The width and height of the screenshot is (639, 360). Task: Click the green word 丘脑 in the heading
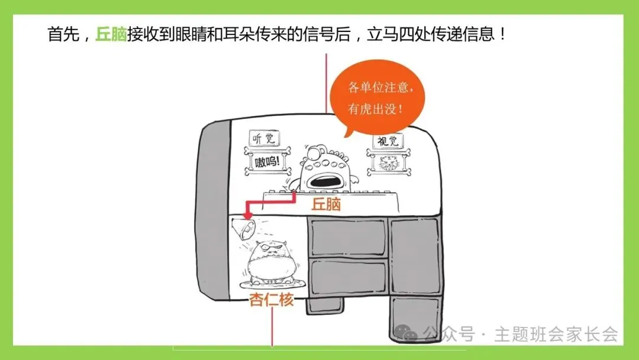111,33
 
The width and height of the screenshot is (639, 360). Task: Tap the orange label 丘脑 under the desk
327,205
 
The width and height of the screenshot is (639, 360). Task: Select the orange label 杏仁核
271,300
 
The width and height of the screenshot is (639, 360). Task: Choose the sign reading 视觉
388,141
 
